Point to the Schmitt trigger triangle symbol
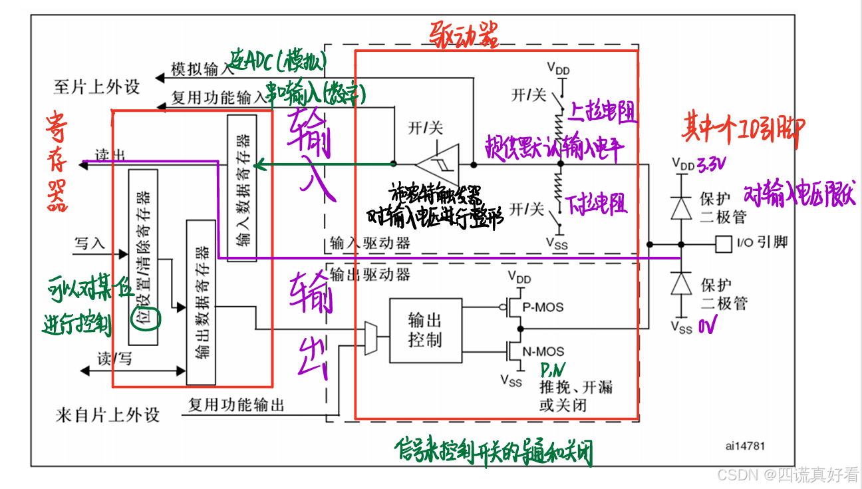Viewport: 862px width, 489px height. coord(436,163)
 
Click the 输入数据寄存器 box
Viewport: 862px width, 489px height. coord(241,187)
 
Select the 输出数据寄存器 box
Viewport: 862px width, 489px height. coord(201,301)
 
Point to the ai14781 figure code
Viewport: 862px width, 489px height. coord(745,446)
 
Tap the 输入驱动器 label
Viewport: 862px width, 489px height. coord(370,243)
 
